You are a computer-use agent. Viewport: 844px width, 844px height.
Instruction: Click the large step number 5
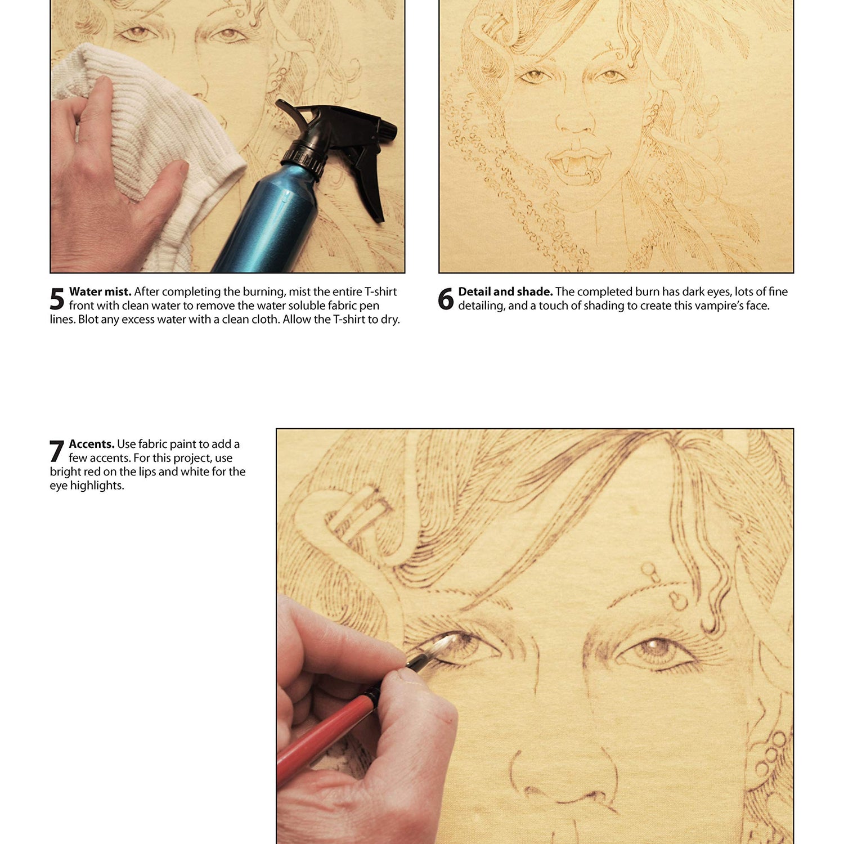57,299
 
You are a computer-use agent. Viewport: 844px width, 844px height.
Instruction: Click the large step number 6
446,299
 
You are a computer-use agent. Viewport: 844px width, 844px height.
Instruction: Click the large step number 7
57,451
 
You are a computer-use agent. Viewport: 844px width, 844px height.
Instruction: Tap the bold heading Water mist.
100,291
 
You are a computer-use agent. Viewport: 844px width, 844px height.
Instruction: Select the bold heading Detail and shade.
505,291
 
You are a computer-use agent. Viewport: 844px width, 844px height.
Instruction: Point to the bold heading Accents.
92,444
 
